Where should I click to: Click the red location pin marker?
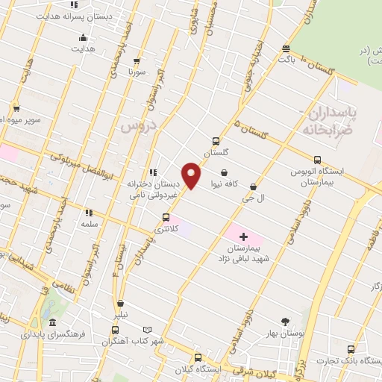(192, 175)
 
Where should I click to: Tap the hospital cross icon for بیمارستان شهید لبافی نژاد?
(242, 236)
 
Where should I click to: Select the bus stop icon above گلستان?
(216, 140)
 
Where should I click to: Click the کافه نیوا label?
(225, 184)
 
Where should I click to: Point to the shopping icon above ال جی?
(254, 187)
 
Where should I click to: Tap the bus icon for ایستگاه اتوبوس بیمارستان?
(318, 160)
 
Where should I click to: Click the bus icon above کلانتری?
(166, 218)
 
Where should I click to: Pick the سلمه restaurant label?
(90, 224)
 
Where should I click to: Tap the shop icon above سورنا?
(136, 61)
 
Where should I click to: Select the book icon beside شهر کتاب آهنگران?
(147, 329)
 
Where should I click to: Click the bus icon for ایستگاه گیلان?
(198, 357)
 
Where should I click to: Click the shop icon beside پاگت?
(286, 50)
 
